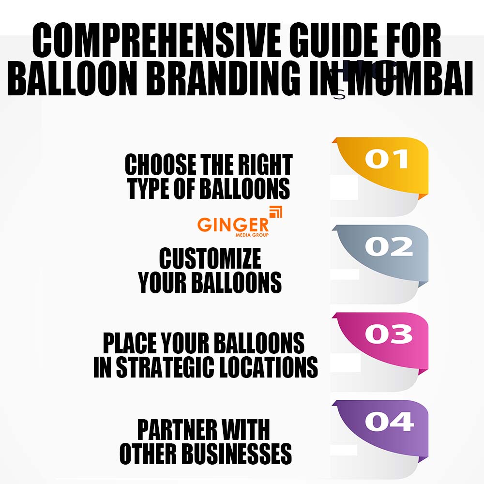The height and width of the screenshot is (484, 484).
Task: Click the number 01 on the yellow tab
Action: pos(387,160)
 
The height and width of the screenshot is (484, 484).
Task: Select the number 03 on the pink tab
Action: pos(389,334)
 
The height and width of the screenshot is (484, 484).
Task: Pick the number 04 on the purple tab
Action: pos(389,422)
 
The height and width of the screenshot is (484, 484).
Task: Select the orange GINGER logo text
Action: pos(233,224)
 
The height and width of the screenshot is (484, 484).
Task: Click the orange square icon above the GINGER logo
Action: pos(275,212)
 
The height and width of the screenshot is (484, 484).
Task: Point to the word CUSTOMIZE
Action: pos(210,259)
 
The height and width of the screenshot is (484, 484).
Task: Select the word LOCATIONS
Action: pos(274,367)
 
